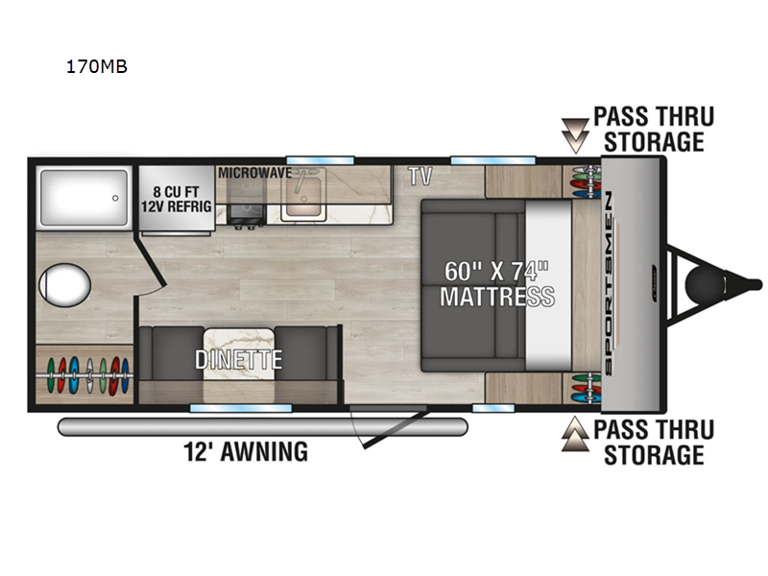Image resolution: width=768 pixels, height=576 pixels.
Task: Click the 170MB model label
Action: (97, 66)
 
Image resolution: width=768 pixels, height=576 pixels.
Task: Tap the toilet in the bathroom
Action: (64, 285)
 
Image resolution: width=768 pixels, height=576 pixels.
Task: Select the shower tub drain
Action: (115, 199)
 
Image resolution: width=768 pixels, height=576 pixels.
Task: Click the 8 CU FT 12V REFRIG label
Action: (177, 199)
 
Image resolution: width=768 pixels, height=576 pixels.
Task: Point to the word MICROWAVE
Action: (254, 173)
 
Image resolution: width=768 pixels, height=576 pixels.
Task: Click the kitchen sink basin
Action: (303, 197)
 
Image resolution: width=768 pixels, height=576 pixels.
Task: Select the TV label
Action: (420, 177)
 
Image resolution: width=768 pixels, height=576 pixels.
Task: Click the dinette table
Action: (238, 353)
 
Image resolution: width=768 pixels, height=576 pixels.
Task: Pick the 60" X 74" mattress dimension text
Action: (496, 271)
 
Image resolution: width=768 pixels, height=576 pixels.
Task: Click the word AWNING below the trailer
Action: (265, 451)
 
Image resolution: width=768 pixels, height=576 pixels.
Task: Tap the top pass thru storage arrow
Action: (575, 135)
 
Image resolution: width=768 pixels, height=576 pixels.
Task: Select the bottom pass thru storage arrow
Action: (575, 434)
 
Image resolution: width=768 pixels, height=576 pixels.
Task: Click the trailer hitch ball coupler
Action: (705, 285)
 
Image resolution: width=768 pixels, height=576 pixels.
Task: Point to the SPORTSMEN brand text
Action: (609, 283)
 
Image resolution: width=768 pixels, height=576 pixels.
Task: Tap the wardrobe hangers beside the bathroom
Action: (84, 376)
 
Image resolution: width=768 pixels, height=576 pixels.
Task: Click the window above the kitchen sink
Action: (321, 160)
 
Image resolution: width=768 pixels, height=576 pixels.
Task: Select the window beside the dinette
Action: (241, 408)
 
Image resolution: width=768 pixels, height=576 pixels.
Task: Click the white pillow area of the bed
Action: (548, 285)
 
